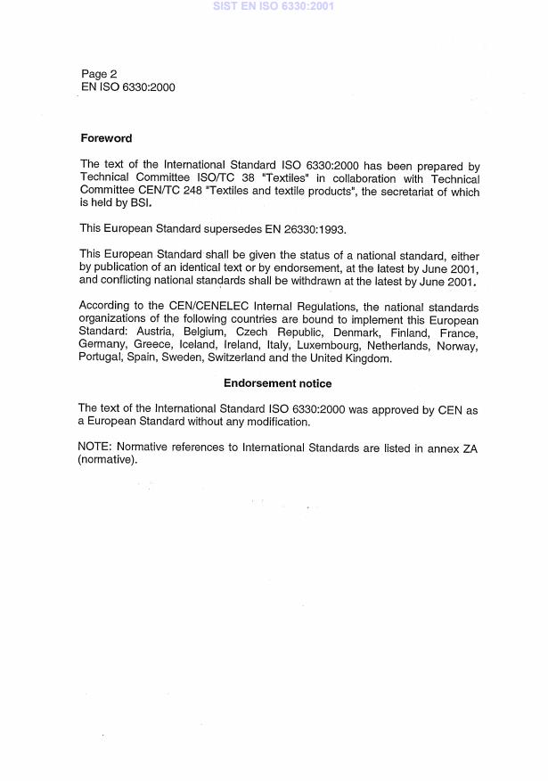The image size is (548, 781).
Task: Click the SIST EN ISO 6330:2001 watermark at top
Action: pos(273,6)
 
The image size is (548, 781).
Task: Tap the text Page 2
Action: pos(99,74)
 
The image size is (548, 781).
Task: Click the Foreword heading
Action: pos(106,138)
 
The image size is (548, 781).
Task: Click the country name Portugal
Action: pos(102,358)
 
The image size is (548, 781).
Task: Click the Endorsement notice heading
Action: pos(277,383)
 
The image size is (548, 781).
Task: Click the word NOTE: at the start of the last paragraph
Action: pos(97,448)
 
